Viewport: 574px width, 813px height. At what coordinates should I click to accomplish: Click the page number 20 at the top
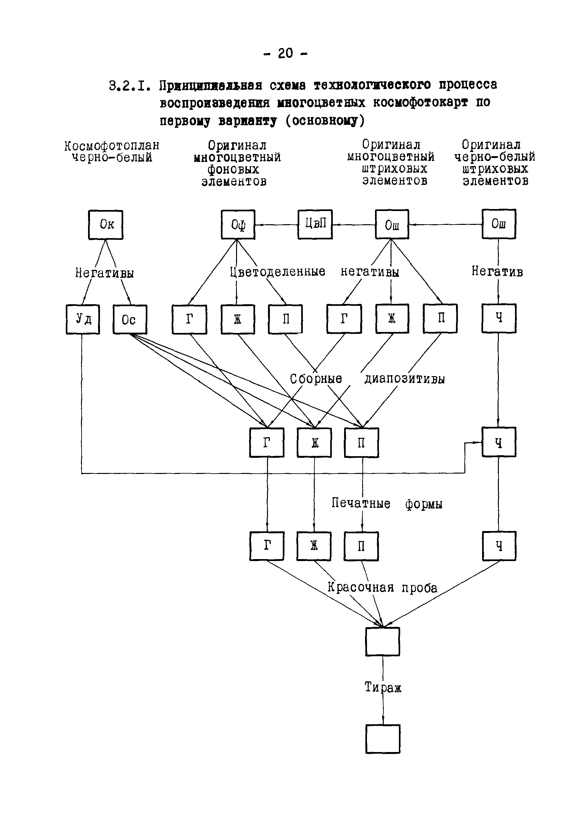click(x=285, y=54)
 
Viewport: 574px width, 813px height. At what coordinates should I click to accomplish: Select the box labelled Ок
click(x=106, y=225)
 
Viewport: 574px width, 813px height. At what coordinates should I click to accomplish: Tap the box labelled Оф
click(x=238, y=225)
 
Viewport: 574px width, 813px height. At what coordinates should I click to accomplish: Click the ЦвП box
click(x=315, y=224)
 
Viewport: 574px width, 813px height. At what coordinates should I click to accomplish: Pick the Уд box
click(x=83, y=319)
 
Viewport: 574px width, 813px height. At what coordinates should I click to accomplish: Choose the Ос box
click(x=130, y=319)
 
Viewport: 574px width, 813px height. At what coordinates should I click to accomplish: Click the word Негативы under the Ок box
click(x=104, y=273)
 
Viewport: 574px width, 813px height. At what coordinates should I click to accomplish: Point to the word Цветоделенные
click(x=277, y=272)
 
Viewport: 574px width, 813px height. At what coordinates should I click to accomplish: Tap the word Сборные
click(x=316, y=379)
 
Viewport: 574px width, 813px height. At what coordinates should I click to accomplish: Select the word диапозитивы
click(x=404, y=379)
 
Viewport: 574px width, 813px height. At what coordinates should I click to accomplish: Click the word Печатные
click(x=361, y=503)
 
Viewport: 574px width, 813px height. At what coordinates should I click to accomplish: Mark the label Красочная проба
click(x=382, y=587)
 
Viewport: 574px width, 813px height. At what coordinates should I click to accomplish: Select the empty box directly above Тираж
click(x=382, y=642)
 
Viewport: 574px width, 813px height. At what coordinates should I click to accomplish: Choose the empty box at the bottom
click(x=383, y=739)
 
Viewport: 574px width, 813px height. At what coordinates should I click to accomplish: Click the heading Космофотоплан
click(x=112, y=146)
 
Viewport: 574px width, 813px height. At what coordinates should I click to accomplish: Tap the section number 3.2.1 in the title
click(x=130, y=86)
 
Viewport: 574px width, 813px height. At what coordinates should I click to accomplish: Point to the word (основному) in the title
click(x=324, y=121)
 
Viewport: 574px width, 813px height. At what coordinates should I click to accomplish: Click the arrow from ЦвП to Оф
click(x=276, y=225)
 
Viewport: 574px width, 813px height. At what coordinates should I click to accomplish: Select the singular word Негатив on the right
click(x=497, y=271)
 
